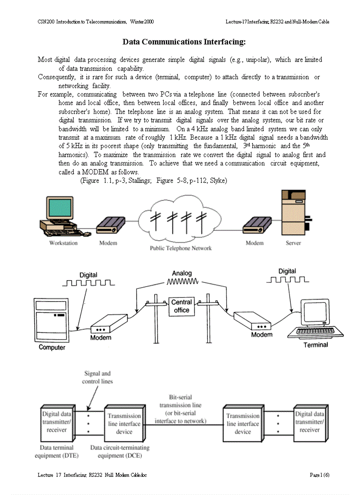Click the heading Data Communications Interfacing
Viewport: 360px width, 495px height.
pyautogui.click(x=184, y=42)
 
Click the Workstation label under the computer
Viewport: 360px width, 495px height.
pyautogui.click(x=63, y=243)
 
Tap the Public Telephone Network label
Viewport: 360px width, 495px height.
pyautogui.click(x=180, y=248)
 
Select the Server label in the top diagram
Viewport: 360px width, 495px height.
pyautogui.click(x=293, y=243)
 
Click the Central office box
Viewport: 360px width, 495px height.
pyautogui.click(x=181, y=306)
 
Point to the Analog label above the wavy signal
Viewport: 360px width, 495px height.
pyautogui.click(x=182, y=273)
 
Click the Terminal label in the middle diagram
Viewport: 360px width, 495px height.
pyautogui.click(x=315, y=345)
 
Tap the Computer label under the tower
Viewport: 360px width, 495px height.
pyautogui.click(x=52, y=347)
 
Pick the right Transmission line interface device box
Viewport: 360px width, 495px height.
pyautogui.click(x=243, y=424)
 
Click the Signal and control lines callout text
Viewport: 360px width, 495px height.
pyautogui.click(x=97, y=377)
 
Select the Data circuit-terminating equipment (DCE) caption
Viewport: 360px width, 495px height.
pyautogui.click(x=120, y=451)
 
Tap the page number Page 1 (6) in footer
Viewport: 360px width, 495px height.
pyautogui.click(x=319, y=475)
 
